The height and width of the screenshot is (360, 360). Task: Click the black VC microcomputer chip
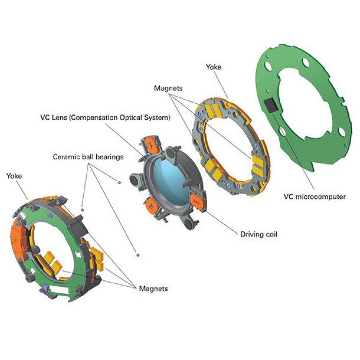(x=271, y=106)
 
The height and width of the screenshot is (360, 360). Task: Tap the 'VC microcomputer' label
(x=315, y=197)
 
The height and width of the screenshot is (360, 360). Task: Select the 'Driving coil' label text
(x=258, y=234)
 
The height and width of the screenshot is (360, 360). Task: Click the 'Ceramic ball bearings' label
(x=88, y=157)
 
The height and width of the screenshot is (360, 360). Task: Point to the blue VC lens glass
(x=171, y=181)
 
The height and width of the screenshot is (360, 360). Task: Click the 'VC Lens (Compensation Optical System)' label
(x=106, y=117)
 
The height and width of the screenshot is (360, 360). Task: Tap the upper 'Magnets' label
(x=168, y=89)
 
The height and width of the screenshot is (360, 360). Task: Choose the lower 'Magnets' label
(x=153, y=289)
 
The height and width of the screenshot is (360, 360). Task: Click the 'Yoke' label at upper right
(x=214, y=67)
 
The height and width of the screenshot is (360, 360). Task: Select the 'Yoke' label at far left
(x=14, y=176)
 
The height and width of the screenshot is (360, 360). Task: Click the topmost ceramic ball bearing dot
(x=119, y=182)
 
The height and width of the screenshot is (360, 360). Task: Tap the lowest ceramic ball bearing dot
(x=138, y=255)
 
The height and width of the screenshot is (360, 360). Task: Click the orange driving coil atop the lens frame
(x=151, y=145)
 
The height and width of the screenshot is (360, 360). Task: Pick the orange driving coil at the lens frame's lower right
(x=197, y=202)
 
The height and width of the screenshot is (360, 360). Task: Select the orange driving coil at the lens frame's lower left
(x=151, y=206)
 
